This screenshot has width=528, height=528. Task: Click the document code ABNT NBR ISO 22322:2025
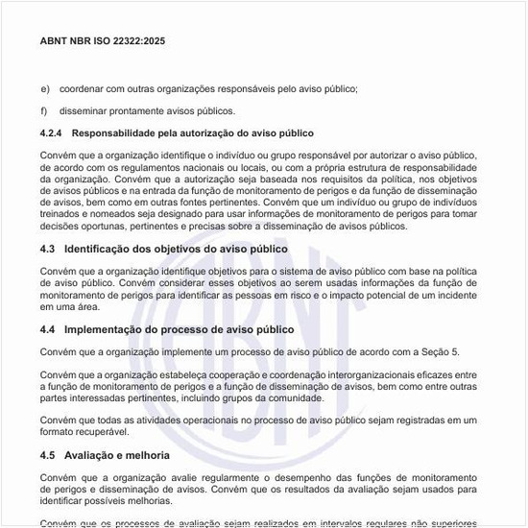pos(103,41)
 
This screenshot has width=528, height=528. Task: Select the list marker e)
pos(45,89)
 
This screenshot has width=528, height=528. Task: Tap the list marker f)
pos(44,111)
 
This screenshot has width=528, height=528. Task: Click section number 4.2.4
pos(52,132)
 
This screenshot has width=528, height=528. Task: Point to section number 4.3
pos(48,249)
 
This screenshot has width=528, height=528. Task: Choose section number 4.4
pos(48,329)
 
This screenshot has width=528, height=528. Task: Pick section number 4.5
pos(48,455)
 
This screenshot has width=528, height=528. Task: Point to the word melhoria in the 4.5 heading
pos(147,455)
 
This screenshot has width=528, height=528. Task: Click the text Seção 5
pos(440,352)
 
